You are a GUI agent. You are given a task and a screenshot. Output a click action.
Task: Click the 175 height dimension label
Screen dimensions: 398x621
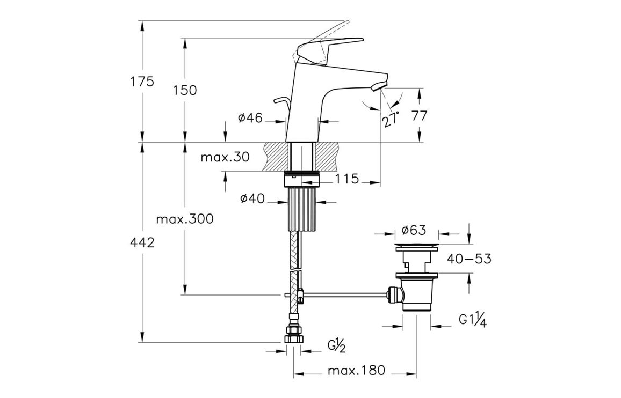tap(142, 82)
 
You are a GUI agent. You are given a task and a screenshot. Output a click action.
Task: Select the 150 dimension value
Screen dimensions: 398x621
tap(185, 90)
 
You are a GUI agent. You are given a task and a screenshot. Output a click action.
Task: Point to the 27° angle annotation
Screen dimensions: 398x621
tap(392, 119)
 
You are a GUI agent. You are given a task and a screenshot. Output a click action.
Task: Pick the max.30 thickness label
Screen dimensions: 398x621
tap(225, 158)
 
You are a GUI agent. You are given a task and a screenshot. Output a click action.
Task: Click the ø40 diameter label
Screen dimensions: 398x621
tap(252, 199)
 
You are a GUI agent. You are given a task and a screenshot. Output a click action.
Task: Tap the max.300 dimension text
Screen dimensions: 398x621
tap(184, 219)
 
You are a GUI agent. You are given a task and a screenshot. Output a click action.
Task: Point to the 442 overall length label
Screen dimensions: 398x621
tap(142, 242)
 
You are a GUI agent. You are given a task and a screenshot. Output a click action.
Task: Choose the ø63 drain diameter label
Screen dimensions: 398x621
tap(414, 231)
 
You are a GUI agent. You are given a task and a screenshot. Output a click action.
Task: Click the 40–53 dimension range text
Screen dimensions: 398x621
tap(469, 259)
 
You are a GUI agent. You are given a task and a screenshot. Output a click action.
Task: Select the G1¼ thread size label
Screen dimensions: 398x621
tap(473, 320)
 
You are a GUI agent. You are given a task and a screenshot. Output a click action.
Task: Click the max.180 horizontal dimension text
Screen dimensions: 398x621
tap(357, 371)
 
